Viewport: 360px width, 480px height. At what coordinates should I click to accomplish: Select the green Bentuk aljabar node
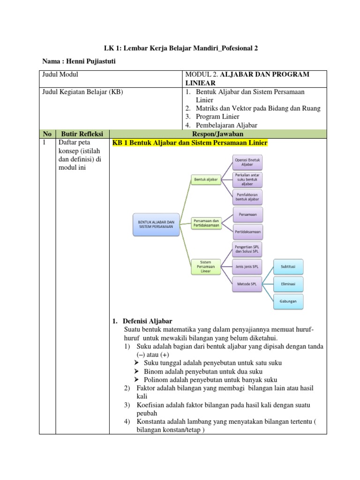(206, 180)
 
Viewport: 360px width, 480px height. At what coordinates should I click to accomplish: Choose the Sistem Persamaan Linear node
(206, 267)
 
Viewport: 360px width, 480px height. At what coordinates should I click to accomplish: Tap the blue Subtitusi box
(288, 267)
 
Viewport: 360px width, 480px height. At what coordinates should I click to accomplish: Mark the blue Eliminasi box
(288, 284)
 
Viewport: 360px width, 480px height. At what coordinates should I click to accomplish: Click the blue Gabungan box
(288, 301)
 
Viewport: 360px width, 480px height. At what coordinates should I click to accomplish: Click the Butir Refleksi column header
(82, 134)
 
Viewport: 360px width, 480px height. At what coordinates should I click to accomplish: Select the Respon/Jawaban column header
(217, 134)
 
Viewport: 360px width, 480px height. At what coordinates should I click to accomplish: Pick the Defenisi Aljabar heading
(147, 321)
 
